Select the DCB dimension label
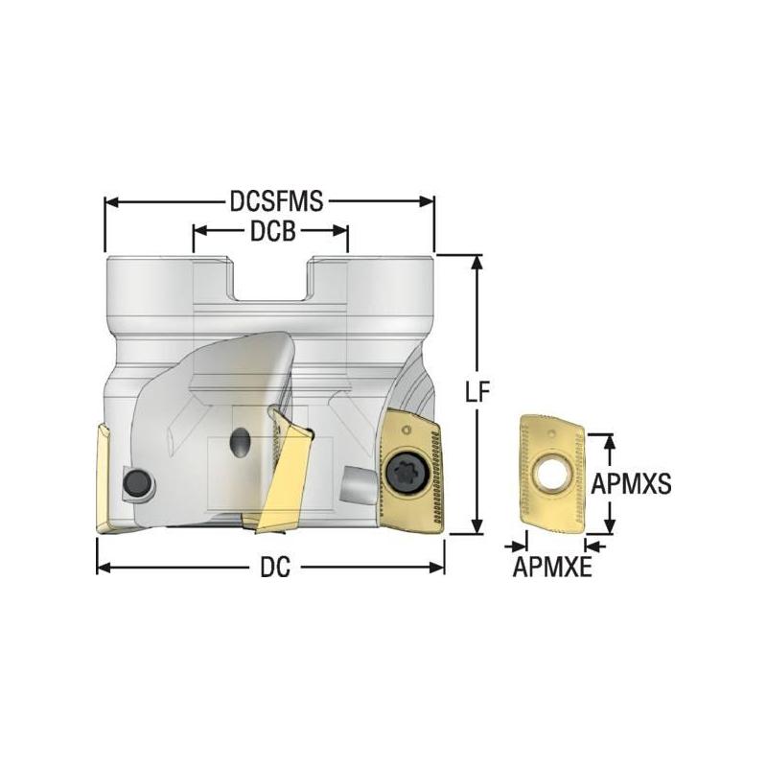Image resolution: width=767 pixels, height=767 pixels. [x=270, y=231]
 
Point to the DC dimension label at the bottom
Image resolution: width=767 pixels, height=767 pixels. [x=270, y=568]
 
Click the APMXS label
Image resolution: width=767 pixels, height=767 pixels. [x=629, y=483]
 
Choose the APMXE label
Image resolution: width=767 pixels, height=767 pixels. [x=551, y=569]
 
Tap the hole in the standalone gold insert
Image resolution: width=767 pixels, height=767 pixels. [x=550, y=471]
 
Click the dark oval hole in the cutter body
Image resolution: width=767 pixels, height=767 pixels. [x=239, y=443]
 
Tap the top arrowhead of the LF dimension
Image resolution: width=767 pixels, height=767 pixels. [x=476, y=262]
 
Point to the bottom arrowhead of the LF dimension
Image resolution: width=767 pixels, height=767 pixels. [x=476, y=526]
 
